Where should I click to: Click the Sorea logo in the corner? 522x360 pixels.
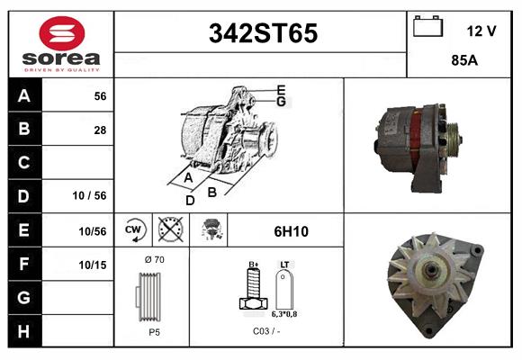pos(60,44)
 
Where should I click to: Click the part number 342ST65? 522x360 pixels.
pos(263,33)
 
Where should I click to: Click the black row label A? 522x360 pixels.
pos(24,96)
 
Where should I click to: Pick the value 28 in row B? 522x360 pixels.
pos(99,129)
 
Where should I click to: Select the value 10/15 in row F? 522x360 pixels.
pos(93,265)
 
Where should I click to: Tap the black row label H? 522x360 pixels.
pos(24,331)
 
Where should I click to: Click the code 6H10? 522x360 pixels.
pos(291,231)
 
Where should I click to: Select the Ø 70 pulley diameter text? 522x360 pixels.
pos(154,260)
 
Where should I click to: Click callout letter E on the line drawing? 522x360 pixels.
pos(281,89)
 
